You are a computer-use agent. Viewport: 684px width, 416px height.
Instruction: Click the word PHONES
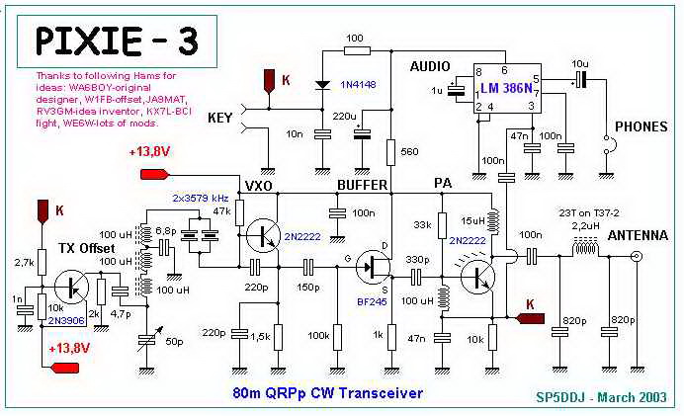pyautogui.click(x=641, y=127)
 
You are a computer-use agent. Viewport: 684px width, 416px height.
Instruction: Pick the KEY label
pyautogui.click(x=225, y=118)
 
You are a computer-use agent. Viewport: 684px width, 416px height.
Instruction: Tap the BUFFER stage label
pyautogui.click(x=363, y=184)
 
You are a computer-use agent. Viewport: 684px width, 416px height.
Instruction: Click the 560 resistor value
pyautogui.click(x=410, y=152)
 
